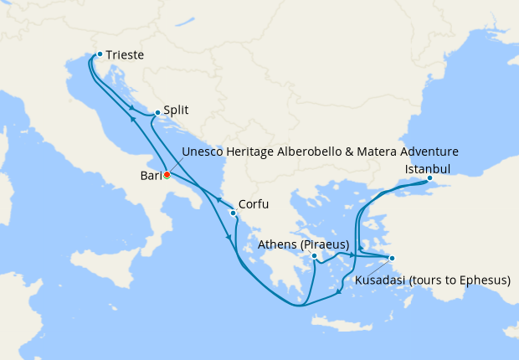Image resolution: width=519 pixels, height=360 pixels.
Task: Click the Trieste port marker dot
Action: click(100, 54)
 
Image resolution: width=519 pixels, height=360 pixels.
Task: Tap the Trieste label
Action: click(125, 55)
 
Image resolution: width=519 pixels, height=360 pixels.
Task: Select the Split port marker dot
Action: click(157, 111)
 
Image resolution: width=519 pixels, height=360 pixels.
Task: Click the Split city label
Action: click(176, 110)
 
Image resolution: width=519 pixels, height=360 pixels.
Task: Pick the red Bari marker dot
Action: click(167, 175)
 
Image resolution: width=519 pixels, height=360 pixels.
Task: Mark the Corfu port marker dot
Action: click(233, 213)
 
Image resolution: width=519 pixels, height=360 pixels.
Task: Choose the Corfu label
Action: click(254, 203)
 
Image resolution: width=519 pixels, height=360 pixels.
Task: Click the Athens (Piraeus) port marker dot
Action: click(314, 256)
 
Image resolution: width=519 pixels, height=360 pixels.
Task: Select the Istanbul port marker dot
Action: click(429, 177)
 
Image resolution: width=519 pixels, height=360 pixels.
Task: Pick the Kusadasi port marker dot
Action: click(392, 258)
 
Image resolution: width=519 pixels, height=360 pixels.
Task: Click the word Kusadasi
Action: click(381, 280)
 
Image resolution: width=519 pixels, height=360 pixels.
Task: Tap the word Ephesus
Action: click(483, 280)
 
